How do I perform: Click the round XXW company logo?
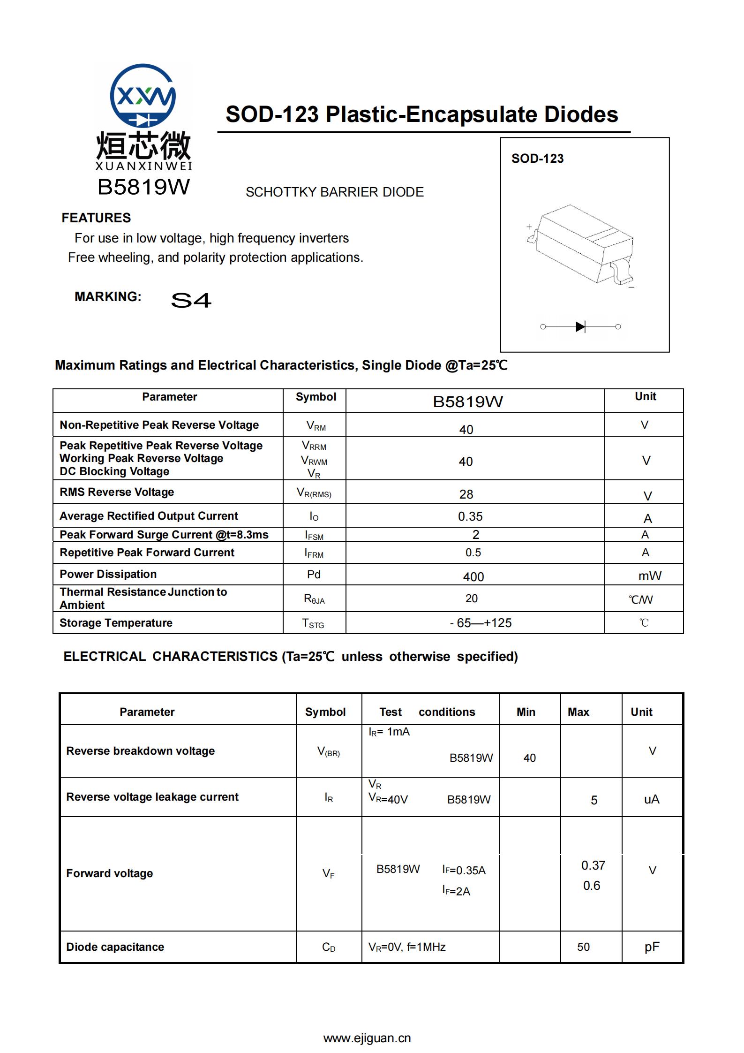[143, 96]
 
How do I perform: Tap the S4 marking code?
[191, 300]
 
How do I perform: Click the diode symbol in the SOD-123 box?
[580, 326]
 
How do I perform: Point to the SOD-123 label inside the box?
[537, 159]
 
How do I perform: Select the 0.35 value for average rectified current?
[470, 516]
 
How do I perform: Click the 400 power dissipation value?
[473, 576]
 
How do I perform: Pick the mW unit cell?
[649, 576]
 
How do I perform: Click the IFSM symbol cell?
[314, 535]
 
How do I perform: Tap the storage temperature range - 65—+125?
[481, 623]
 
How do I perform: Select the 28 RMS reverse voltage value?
[466, 494]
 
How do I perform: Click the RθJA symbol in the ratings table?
[314, 599]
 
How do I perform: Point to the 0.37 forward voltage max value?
[593, 865]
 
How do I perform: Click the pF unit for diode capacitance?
[652, 947]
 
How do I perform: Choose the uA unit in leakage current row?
[651, 799]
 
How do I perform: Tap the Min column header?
[526, 712]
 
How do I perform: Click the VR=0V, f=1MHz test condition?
[407, 947]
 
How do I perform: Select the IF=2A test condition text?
[456, 891]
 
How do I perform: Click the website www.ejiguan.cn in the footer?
[367, 1038]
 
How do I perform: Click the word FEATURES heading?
[96, 218]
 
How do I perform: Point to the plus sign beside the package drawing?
[529, 227]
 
